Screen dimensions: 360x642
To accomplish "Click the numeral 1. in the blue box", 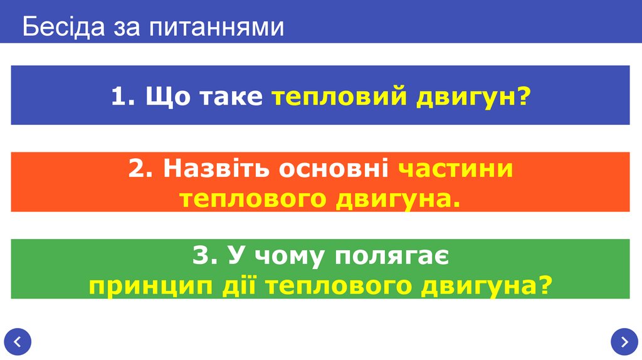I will [123, 97].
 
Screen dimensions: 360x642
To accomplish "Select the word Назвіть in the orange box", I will [216, 169].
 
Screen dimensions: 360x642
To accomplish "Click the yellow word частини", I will [456, 169].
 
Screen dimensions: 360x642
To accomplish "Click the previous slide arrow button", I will [18, 342].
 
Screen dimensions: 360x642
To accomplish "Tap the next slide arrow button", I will [624, 342].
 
